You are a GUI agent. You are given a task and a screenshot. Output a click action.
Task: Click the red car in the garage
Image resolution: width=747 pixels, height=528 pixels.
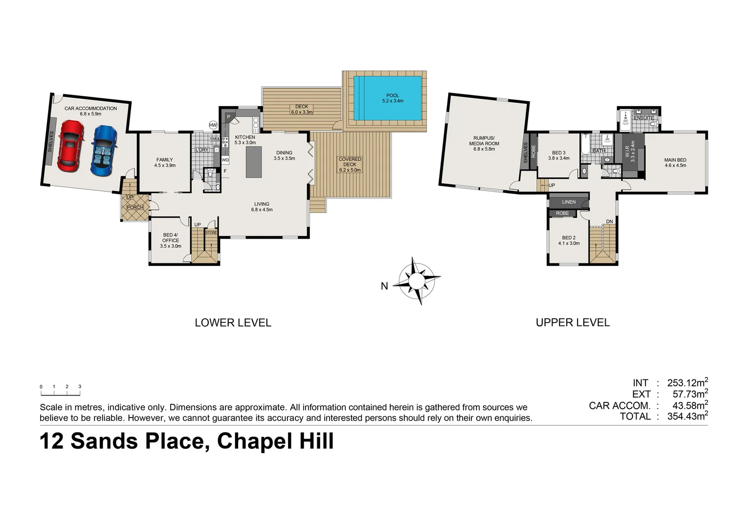point(71,146)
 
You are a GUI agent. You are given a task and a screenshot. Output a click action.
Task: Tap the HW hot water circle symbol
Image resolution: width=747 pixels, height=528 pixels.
point(213,125)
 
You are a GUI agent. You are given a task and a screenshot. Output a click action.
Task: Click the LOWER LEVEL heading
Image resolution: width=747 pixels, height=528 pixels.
point(233,323)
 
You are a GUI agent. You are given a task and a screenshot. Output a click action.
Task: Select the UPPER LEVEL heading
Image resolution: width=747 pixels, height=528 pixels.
point(572,323)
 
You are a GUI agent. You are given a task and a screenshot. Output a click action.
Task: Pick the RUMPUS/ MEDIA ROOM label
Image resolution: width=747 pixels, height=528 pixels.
point(484,143)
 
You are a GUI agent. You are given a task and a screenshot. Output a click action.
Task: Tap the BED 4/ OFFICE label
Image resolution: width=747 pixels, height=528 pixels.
point(171,240)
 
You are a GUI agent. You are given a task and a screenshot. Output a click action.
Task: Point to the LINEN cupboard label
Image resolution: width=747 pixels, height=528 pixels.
point(569,202)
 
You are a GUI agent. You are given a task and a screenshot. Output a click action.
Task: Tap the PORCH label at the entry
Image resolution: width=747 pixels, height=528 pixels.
point(135,208)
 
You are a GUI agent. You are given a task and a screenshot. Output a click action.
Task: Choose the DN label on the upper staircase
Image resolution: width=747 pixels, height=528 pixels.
point(609,222)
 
